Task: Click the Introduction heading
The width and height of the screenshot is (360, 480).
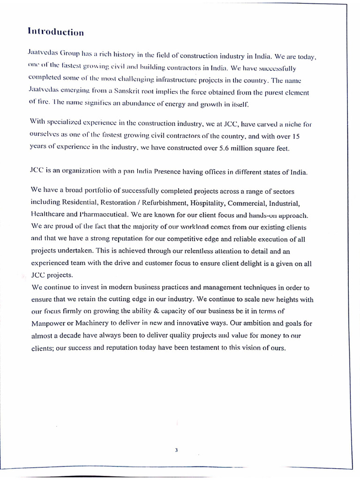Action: (56, 32)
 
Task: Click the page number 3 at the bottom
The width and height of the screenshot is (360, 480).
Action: (176, 450)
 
